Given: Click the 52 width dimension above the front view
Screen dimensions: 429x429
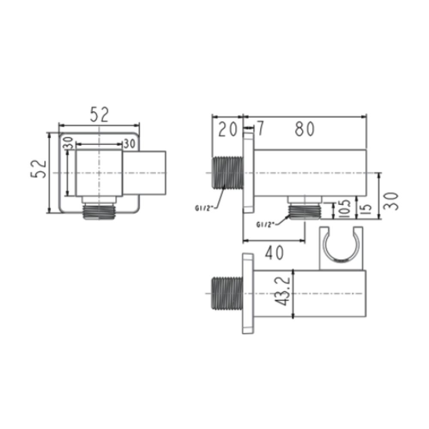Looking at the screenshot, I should click(x=100, y=115).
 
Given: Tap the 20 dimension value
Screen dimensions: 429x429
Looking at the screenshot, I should click(x=227, y=129).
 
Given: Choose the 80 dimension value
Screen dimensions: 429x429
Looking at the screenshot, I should click(x=305, y=129).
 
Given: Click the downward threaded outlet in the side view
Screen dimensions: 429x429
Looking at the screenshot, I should click(x=305, y=210).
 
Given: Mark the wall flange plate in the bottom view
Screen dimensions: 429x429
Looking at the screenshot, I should click(x=248, y=294).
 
